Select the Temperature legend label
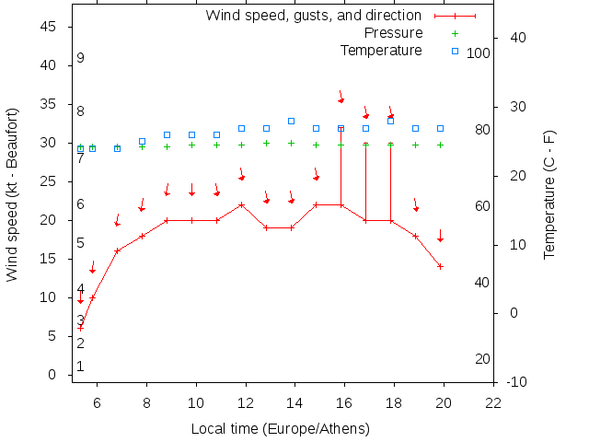point(381,50)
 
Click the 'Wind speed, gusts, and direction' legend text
point(313,16)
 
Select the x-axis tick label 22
point(494,402)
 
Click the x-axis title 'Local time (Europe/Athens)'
point(280,428)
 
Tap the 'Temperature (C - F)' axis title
point(549,194)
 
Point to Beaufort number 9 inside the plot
point(81,58)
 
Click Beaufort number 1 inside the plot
point(81,366)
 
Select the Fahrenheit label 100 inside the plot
point(479,53)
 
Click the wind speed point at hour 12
point(241,204)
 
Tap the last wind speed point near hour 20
point(441,266)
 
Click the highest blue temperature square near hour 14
point(291,121)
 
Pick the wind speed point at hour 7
point(117,250)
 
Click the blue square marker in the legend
point(455,51)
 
